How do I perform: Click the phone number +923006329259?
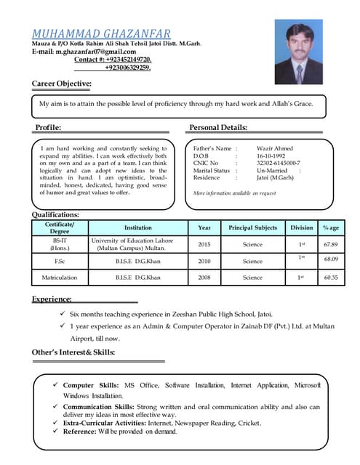[128, 68]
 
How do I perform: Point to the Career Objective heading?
[62, 84]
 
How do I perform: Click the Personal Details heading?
[218, 128]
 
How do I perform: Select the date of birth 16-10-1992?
[273, 155]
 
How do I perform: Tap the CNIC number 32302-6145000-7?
[279, 163]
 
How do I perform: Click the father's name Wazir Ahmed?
[275, 148]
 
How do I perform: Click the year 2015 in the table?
[204, 245]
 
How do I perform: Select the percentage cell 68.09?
[331, 259]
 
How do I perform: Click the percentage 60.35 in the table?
[331, 277]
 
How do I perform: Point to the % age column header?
[331, 228]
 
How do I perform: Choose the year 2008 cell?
[204, 277]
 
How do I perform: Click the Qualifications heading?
[55, 215]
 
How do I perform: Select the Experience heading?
[52, 299]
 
